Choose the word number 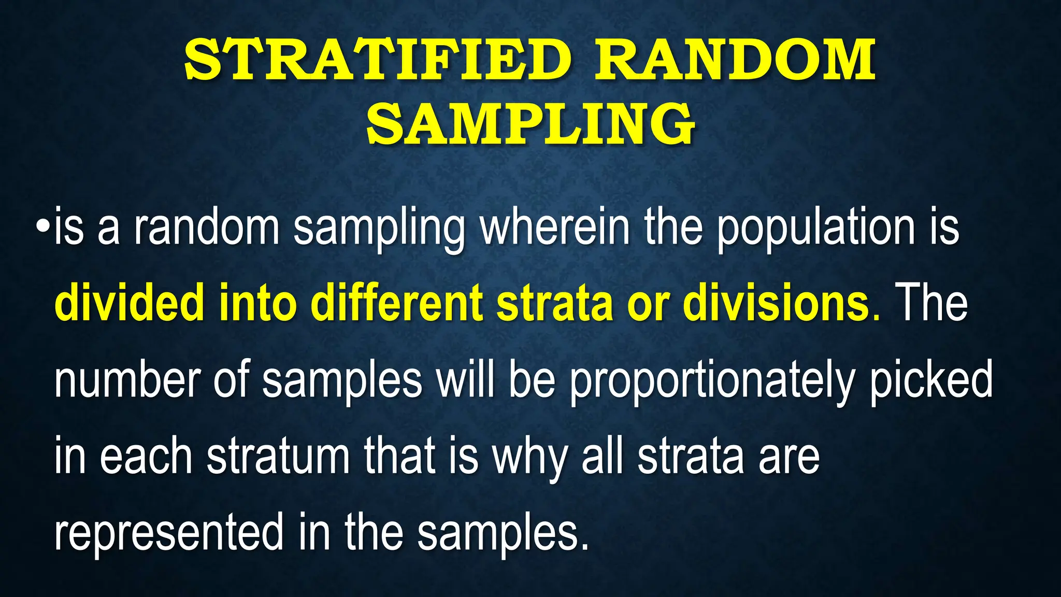[127, 380]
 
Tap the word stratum [278, 457]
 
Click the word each [146, 456]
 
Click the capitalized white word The [931, 303]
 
